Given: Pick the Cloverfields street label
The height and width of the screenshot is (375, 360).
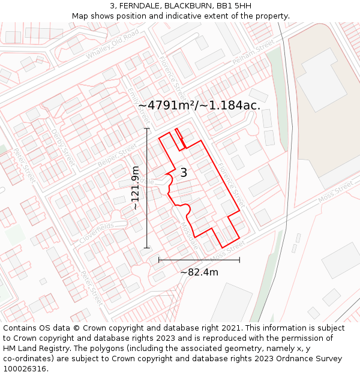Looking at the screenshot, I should coord(96,233).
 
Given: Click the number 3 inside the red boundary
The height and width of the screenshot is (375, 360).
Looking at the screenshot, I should coord(184,173).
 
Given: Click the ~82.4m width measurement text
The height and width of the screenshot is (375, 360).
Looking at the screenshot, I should coord(199,272).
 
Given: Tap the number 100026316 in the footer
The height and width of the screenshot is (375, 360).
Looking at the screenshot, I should coord(24,368).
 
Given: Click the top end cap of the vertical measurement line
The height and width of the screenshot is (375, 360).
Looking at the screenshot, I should coord(147,128).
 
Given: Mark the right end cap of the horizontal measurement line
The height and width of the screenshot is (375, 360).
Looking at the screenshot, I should coord(239,260).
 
